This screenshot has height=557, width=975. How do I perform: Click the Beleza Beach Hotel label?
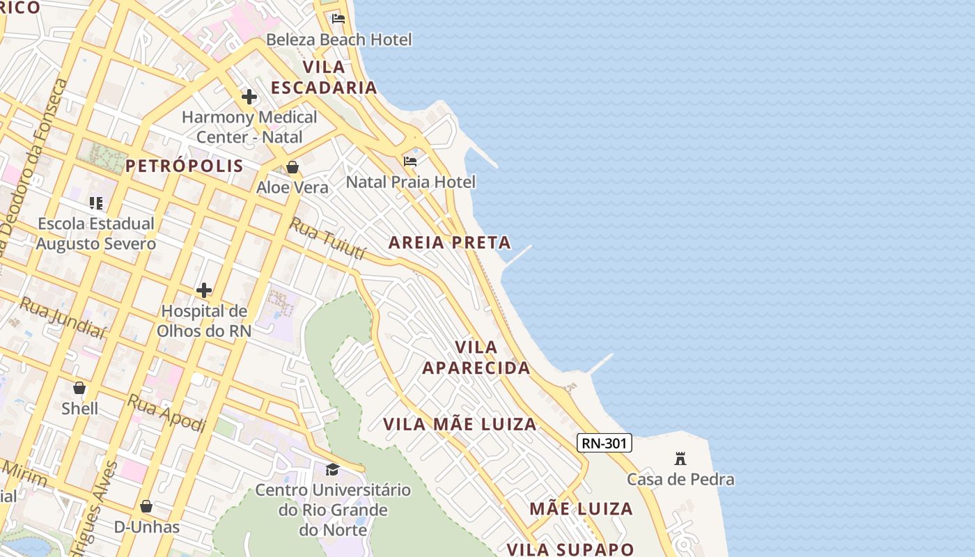point(339,40)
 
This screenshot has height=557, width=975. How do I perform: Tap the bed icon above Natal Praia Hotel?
point(410,162)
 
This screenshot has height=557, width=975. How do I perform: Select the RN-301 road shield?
point(604,443)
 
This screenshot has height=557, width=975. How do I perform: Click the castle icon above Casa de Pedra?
point(680,459)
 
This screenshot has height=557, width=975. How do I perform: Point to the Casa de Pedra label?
point(680,480)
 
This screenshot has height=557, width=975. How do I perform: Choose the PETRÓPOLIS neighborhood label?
point(185,166)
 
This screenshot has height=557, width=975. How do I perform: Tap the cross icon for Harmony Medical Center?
point(249,97)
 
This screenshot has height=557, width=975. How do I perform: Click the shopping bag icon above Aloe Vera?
point(292,167)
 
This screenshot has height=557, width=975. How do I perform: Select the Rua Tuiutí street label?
point(328,238)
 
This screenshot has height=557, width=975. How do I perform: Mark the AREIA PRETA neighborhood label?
point(450,243)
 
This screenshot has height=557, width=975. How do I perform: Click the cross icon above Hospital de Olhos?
point(204,290)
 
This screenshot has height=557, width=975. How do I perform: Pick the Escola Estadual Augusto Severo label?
point(96,234)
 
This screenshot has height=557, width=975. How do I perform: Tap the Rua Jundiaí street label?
point(62,318)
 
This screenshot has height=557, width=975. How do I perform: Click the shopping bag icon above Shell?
point(79,388)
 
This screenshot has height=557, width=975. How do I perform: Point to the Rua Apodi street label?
point(166,413)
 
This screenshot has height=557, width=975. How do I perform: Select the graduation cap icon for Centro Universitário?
point(332,469)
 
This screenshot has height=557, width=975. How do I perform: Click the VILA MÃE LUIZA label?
point(460,424)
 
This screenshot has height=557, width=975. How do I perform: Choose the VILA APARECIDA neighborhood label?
point(476,358)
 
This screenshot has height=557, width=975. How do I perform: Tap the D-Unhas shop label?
point(147,527)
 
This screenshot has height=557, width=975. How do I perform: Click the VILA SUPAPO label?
point(570,549)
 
